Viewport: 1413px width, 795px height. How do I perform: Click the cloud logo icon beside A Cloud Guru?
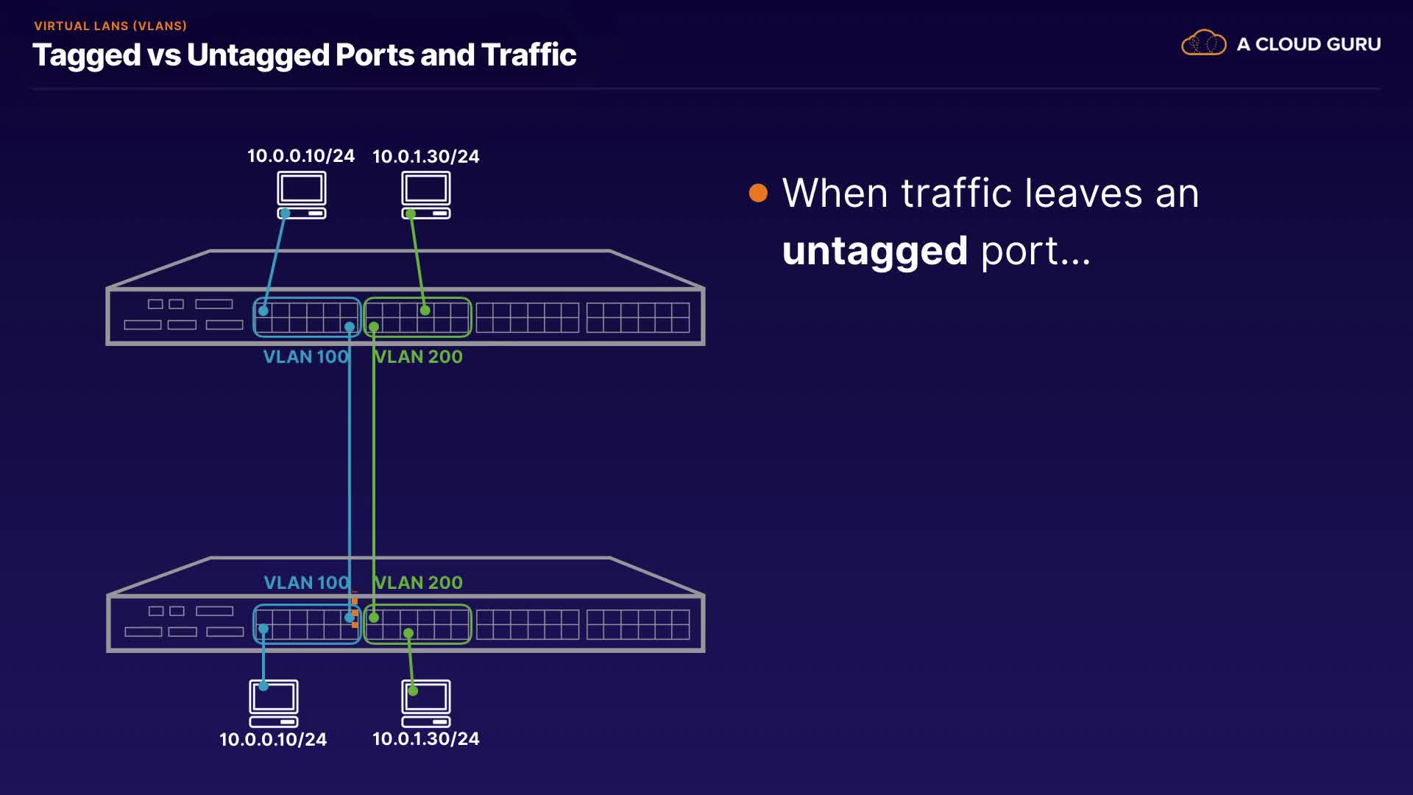coord(1203,43)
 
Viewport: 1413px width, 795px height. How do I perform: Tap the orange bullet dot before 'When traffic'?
coord(758,193)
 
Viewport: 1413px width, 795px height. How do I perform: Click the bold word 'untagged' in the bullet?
coord(874,251)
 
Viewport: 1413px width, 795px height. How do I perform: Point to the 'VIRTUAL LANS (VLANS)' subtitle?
coord(110,26)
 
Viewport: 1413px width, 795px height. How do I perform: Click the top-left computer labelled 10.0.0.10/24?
coord(302,194)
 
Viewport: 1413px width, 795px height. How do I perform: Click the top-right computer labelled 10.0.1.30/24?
coord(426,194)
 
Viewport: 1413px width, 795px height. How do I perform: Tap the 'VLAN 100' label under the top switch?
coord(305,357)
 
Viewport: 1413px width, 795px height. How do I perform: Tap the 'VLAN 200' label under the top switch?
coord(419,357)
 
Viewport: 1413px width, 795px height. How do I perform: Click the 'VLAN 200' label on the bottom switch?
coord(419,582)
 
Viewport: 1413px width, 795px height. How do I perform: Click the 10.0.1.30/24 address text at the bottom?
coord(426,738)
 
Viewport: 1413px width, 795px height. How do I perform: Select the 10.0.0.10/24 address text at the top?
coord(301,156)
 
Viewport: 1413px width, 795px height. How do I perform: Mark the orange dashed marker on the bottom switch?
coord(355,612)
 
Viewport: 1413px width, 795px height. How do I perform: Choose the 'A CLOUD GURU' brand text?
coord(1308,44)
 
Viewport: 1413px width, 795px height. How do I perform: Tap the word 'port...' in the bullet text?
coord(1035,251)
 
